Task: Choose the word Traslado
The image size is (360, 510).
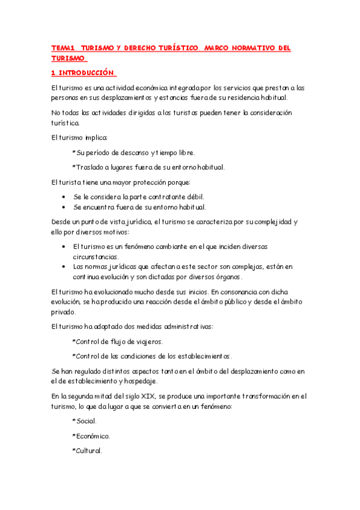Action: pos(90,167)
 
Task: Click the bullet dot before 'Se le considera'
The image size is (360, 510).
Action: pos(64,197)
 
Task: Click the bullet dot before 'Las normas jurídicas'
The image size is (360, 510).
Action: pos(64,266)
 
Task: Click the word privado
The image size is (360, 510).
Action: pos(64,312)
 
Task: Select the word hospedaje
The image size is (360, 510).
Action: pos(139,381)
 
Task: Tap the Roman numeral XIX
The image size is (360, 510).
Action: pos(144,396)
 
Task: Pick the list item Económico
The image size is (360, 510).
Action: pos(92,436)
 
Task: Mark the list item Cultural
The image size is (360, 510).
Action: pos(88,450)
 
